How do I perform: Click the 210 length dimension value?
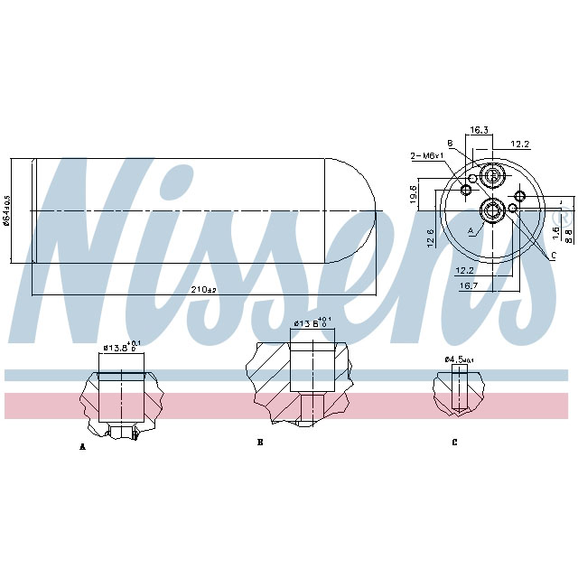point(205,289)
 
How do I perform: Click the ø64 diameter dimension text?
point(7,210)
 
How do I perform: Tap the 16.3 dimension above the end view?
point(480,131)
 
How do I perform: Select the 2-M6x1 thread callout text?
point(426,156)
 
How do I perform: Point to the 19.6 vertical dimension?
point(439,194)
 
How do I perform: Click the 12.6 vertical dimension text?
point(431,237)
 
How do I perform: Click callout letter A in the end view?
point(471,231)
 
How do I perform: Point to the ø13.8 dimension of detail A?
point(120,346)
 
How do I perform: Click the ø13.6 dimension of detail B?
point(312,322)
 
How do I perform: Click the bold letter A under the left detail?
point(82,446)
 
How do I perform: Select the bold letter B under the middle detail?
point(260,443)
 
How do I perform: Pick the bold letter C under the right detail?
point(454,443)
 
